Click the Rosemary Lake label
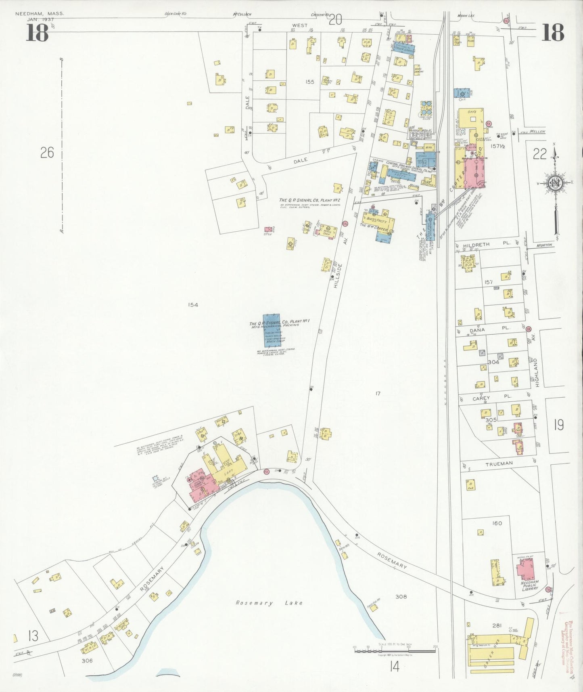(x=269, y=603)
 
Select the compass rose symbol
(x=556, y=184)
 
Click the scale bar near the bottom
(x=395, y=649)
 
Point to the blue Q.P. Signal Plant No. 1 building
(x=272, y=331)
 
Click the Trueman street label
(x=499, y=464)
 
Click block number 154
(x=193, y=305)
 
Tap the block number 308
(x=401, y=596)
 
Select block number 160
(x=497, y=523)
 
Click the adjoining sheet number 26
(x=47, y=153)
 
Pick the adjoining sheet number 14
(x=394, y=667)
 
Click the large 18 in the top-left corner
(x=38, y=33)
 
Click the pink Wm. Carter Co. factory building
(x=477, y=172)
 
